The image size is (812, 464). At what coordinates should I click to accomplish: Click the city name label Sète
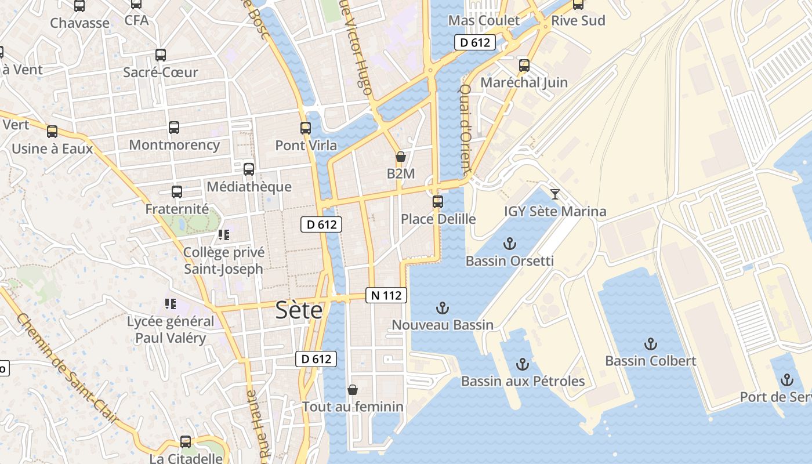299,310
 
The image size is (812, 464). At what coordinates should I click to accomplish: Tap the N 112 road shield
386,295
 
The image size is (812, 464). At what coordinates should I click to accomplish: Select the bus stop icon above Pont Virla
306,128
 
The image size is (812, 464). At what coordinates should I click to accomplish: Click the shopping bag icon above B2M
400,157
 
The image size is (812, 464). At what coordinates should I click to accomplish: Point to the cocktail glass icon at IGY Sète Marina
555,194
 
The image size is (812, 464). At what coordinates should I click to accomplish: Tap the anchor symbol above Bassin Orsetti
510,243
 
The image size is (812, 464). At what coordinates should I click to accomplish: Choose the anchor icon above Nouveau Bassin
443,307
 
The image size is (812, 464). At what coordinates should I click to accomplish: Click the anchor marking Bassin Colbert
650,343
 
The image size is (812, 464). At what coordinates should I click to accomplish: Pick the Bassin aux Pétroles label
523,381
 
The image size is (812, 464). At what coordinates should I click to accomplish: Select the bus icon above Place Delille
438,202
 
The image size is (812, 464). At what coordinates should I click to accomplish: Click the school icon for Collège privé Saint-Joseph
224,235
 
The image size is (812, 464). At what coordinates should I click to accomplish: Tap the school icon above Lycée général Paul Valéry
170,303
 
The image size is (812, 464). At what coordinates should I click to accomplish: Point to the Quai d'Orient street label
465,130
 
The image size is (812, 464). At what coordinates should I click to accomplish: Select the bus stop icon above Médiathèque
249,169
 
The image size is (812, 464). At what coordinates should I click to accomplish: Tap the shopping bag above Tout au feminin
352,390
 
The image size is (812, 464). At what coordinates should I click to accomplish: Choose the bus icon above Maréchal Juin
524,66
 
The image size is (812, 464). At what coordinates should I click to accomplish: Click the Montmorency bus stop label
174,144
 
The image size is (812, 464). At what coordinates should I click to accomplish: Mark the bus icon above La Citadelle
186,442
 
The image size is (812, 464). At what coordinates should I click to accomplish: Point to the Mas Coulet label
484,21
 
